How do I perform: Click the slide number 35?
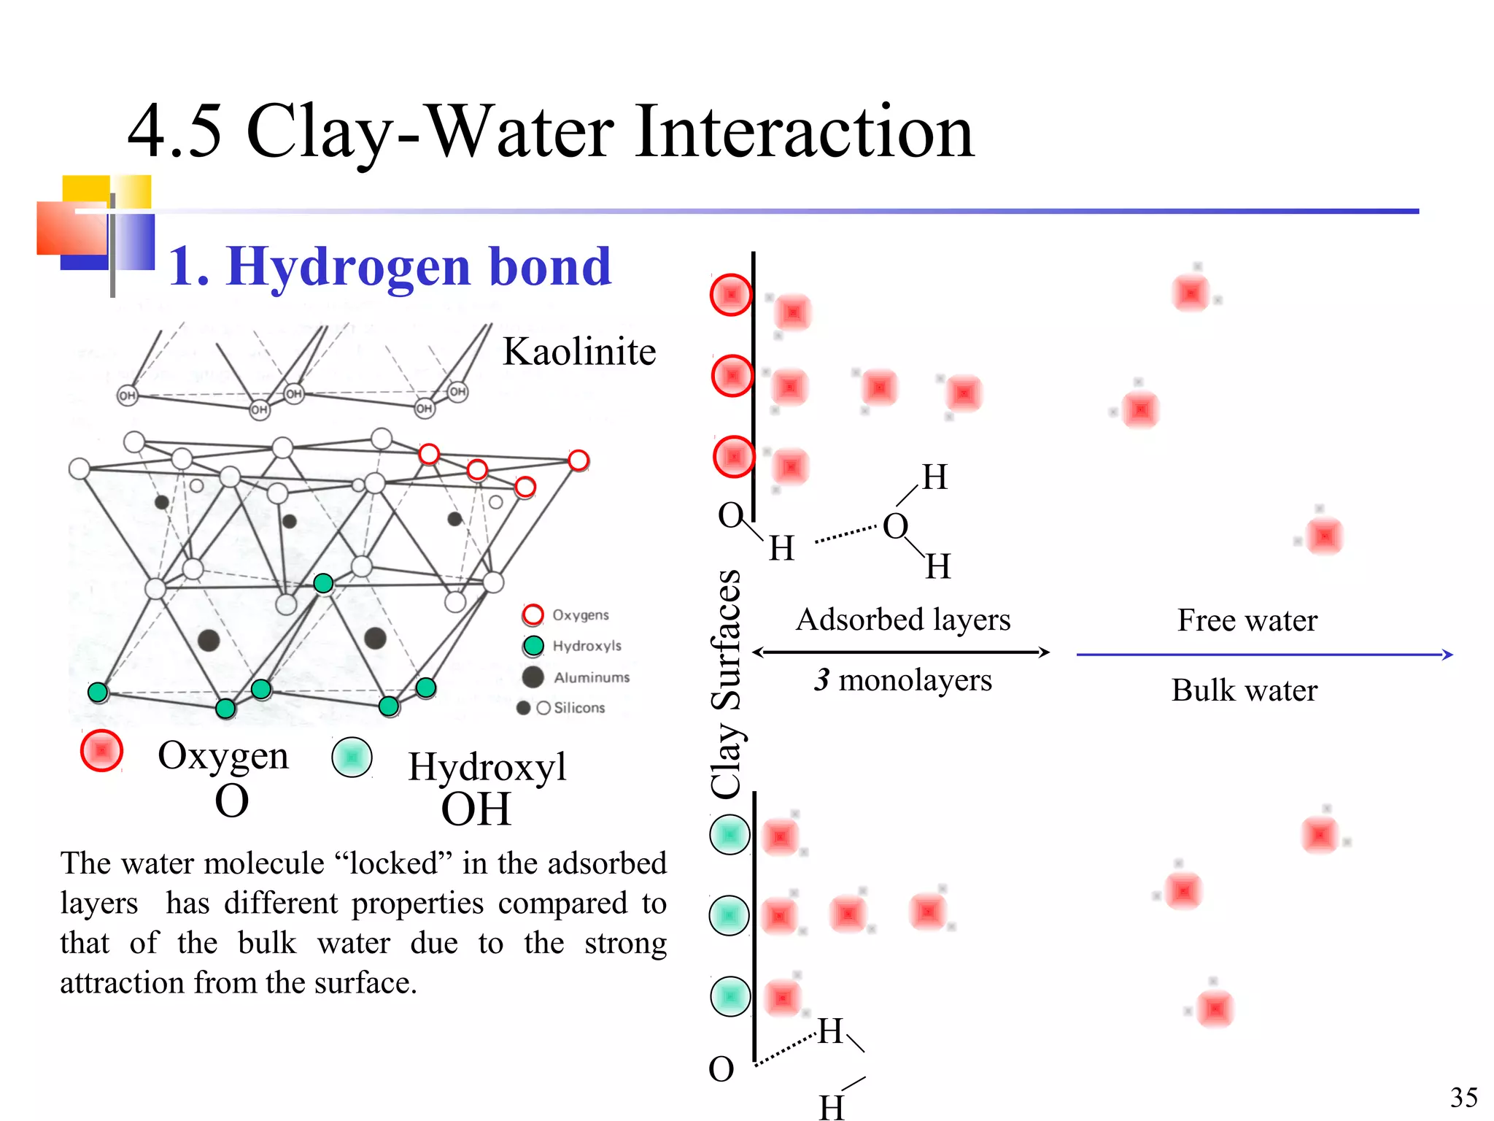1463,1097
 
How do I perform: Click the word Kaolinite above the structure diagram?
579,352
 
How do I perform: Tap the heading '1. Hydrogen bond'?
390,266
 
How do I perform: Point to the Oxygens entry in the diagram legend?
579,615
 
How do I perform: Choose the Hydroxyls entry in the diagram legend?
586,646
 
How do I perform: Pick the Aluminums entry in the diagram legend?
591,677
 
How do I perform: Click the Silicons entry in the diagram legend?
578,708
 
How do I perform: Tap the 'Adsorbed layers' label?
903,620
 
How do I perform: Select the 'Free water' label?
1247,621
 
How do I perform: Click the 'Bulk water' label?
1245,690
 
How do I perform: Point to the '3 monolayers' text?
903,680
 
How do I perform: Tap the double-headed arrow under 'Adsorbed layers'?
901,652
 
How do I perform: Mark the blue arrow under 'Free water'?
1264,655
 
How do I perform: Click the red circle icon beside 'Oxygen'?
101,750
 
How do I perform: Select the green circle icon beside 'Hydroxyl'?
352,757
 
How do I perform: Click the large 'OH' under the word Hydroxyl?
476,809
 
